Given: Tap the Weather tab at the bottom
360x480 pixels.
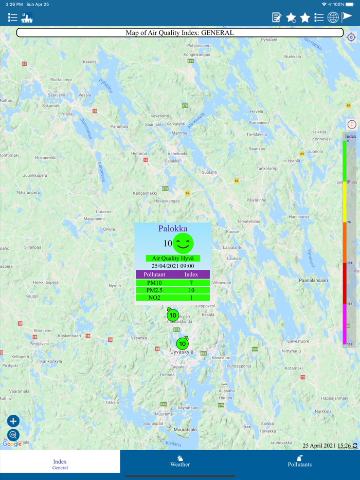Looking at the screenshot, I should [x=180, y=461].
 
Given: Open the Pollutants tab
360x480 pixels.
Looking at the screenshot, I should [x=300, y=461].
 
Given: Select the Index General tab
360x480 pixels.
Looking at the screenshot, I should [x=60, y=464].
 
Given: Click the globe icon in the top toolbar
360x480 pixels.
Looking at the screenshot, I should [x=333, y=17].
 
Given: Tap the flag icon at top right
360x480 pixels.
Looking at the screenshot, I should [x=348, y=17].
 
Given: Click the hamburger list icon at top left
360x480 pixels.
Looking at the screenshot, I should [x=13, y=17].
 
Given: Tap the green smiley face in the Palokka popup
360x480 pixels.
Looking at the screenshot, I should [x=183, y=243].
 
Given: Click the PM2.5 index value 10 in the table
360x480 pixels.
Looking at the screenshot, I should [x=191, y=290].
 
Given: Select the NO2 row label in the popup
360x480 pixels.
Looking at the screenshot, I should [x=154, y=298].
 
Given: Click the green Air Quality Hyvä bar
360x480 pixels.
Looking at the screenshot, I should [x=173, y=259].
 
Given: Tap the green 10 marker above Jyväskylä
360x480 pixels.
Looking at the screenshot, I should [x=183, y=343].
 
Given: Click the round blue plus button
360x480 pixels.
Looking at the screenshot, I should [x=13, y=421].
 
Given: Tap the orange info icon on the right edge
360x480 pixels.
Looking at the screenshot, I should [x=352, y=124].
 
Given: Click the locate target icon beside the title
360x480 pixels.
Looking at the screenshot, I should [x=351, y=38].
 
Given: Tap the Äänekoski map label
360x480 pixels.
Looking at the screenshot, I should [x=177, y=154].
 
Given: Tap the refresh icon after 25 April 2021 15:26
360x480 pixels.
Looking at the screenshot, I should [x=355, y=446].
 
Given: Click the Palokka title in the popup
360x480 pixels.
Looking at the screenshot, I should [x=173, y=229].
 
